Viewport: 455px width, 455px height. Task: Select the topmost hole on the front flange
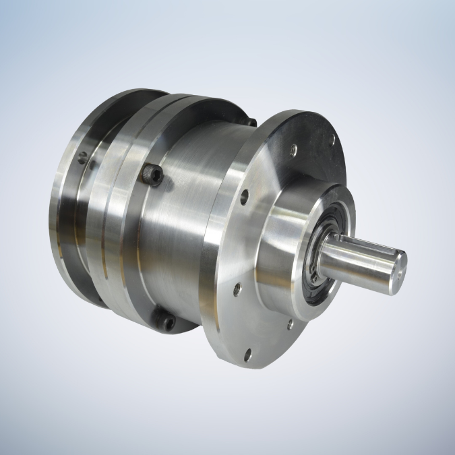(332, 140)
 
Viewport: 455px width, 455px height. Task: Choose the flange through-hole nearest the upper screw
(244, 198)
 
